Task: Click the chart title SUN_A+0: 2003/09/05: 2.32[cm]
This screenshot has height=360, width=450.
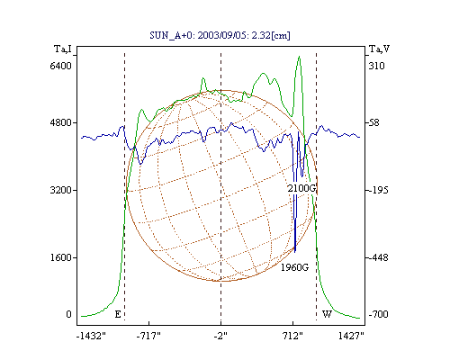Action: (220, 35)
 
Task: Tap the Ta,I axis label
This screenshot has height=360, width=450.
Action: (63, 49)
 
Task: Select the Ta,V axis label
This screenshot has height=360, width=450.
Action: (379, 49)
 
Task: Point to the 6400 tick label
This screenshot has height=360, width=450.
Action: (61, 66)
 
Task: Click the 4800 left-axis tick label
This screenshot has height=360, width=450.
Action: (61, 122)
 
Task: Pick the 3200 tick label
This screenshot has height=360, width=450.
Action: (61, 190)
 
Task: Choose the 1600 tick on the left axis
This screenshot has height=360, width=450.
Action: (61, 257)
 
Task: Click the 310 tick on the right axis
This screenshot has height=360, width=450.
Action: (376, 66)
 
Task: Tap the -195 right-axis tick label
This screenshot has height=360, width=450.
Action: (379, 190)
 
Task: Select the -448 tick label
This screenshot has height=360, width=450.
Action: (379, 257)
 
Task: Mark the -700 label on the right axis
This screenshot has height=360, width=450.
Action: (379, 314)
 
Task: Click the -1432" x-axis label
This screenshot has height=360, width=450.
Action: (91, 336)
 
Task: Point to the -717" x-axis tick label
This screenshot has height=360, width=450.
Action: (148, 336)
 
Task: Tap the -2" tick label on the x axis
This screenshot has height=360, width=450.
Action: (220, 336)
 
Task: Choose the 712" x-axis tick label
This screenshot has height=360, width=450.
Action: (292, 336)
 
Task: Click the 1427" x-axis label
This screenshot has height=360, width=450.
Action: (351, 336)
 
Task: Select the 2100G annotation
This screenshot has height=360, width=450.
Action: (301, 188)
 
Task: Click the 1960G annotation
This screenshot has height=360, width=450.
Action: (294, 267)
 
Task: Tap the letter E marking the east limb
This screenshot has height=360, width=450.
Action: (118, 314)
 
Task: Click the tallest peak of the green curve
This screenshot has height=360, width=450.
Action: (299, 57)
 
